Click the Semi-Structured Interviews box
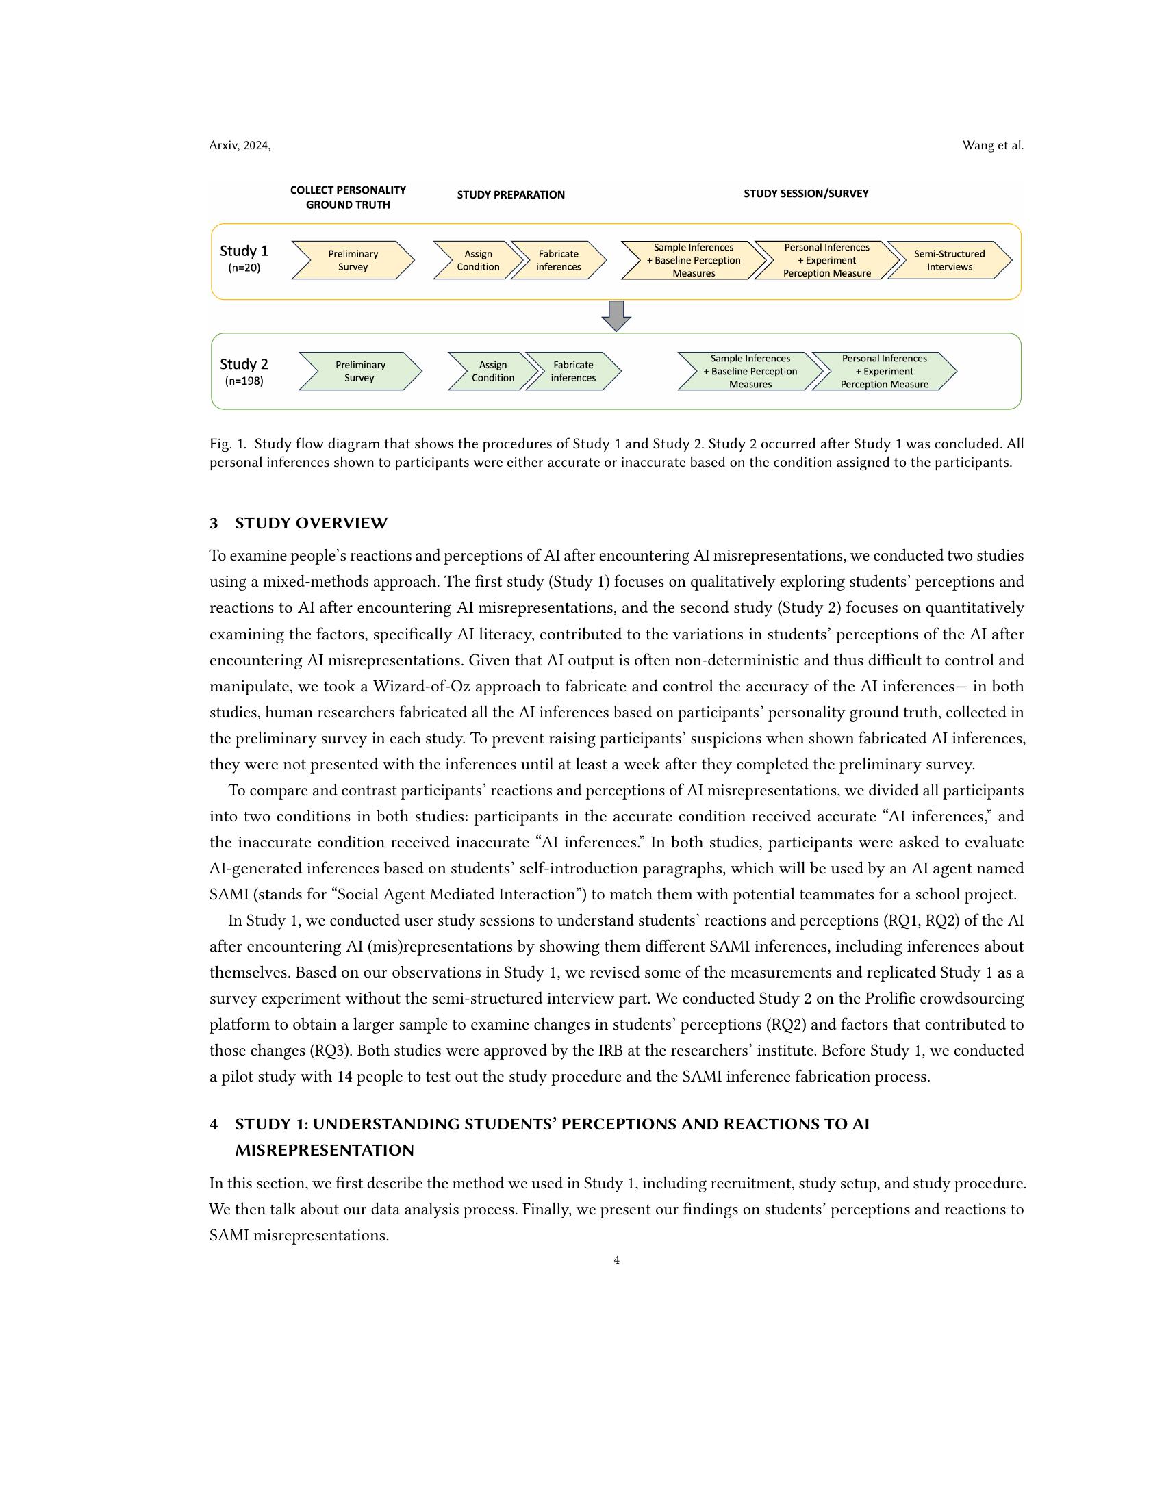click(x=949, y=260)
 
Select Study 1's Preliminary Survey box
click(x=353, y=260)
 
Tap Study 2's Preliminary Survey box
click(x=359, y=371)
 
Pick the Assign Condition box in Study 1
click(x=477, y=260)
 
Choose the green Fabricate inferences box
click(x=572, y=371)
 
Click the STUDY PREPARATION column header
click(x=510, y=195)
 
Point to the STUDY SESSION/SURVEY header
click(x=805, y=194)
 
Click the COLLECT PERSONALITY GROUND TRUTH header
click(x=348, y=197)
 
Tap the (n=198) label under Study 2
click(x=244, y=381)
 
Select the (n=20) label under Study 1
click(x=244, y=268)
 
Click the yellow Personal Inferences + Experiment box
click(x=826, y=260)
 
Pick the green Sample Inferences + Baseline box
click(x=750, y=371)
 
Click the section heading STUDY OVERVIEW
click(x=311, y=524)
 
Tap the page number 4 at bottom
click(x=616, y=1260)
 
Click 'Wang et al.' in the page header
click(x=992, y=146)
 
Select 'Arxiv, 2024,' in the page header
click(x=240, y=146)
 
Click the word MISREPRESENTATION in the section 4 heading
click(x=324, y=1150)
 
